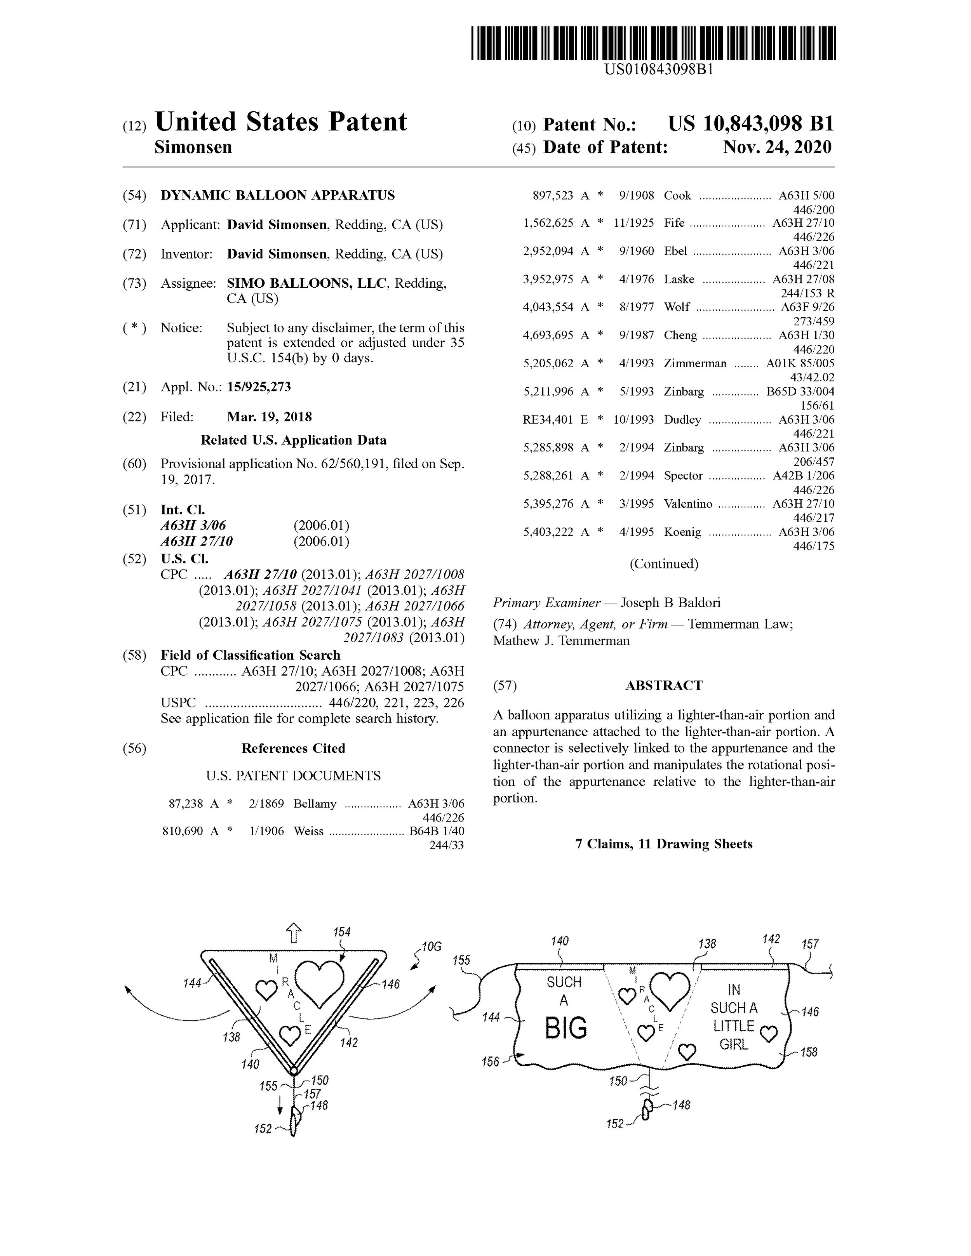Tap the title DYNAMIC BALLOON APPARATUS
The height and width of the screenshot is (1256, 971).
click(277, 196)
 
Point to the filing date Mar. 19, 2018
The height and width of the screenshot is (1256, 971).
click(269, 417)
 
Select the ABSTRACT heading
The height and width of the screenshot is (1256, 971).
click(663, 686)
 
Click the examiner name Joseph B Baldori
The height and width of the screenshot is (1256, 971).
click(670, 603)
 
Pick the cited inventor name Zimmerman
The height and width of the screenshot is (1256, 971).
click(695, 363)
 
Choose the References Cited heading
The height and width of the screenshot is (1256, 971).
click(293, 748)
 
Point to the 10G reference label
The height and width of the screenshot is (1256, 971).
click(431, 947)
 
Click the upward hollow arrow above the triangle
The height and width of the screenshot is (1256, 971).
click(294, 933)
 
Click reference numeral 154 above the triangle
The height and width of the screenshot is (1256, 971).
click(342, 932)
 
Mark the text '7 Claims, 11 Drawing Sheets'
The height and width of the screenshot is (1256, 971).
click(663, 844)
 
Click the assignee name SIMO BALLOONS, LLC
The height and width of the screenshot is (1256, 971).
click(306, 283)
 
